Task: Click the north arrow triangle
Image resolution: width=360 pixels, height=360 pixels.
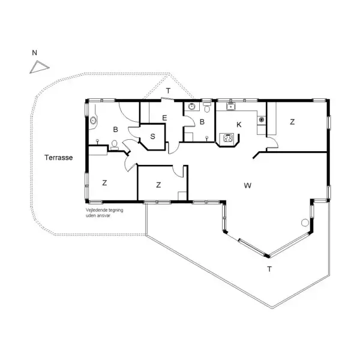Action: (38, 67)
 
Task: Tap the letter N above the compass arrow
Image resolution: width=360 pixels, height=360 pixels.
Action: (34, 53)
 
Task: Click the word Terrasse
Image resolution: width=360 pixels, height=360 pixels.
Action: (59, 157)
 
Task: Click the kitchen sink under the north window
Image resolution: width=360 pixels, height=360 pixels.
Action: (230, 107)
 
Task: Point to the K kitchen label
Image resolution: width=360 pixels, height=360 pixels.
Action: (239, 125)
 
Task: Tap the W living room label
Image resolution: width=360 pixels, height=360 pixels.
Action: (247, 185)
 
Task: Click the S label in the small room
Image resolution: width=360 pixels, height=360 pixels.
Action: (152, 136)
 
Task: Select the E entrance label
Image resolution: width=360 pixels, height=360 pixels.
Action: (164, 118)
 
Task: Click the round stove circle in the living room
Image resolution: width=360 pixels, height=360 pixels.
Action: (305, 223)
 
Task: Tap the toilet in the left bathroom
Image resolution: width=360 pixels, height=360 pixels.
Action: (114, 145)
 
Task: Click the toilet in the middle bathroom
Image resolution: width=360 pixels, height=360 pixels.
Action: (207, 107)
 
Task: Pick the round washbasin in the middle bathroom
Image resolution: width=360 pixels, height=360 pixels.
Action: (191, 106)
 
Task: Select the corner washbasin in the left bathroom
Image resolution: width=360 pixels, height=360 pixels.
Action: (93, 120)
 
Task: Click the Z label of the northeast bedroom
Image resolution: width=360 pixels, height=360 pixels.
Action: (292, 122)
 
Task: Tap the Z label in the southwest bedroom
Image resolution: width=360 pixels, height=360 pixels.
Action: (104, 183)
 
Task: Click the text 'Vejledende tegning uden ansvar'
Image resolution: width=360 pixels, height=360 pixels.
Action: (104, 212)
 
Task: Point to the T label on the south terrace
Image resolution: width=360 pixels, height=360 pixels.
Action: (269, 269)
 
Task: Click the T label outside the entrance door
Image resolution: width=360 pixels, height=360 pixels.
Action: (168, 91)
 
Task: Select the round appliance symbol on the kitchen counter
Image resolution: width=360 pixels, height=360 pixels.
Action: (261, 119)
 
